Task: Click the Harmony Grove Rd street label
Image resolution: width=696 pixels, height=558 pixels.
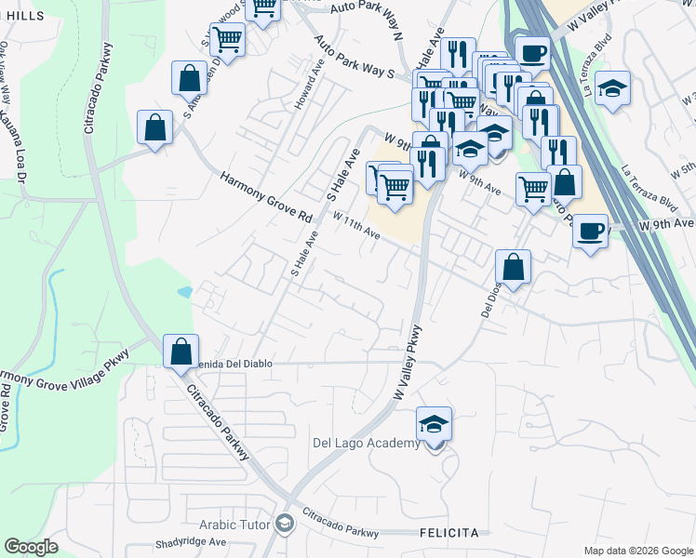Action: (266, 195)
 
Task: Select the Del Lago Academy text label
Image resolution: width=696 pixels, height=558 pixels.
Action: (367, 444)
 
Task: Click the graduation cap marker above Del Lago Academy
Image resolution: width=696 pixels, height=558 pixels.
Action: (434, 424)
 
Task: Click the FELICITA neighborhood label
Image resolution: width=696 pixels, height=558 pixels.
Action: (448, 534)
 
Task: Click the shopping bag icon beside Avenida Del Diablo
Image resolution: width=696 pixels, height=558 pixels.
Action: (181, 352)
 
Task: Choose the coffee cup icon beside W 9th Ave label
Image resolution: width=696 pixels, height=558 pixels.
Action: (590, 230)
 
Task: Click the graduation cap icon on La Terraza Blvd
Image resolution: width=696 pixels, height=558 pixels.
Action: (612, 87)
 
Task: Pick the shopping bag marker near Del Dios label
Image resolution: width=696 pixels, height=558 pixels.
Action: (513, 267)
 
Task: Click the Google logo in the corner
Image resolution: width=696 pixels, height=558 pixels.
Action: (31, 547)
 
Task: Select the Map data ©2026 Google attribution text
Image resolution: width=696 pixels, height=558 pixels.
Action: (637, 551)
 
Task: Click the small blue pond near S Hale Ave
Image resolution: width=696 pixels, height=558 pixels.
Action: (184, 291)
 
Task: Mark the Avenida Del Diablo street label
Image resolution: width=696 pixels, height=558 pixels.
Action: (232, 364)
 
